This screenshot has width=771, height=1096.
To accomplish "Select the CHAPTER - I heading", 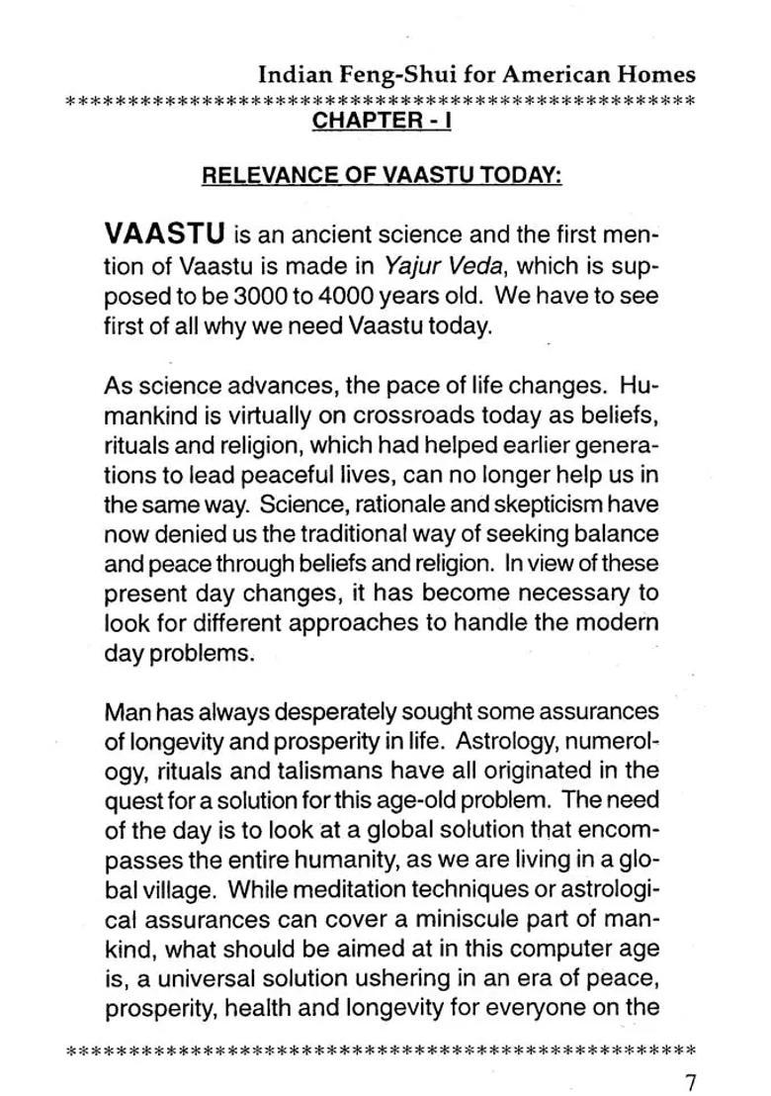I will pos(382,121).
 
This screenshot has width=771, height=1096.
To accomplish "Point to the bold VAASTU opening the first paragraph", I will pos(163,237).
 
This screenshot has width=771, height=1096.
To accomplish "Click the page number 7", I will pos(689,1081).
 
